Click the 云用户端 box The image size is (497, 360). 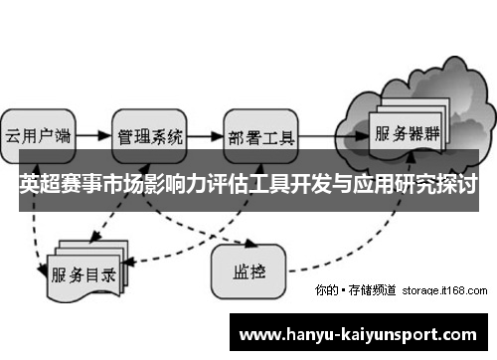(37, 135)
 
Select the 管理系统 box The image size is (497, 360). (149, 135)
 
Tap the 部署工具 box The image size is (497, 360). (260, 135)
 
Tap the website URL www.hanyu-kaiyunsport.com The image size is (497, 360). (363, 333)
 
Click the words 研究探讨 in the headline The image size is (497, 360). (437, 184)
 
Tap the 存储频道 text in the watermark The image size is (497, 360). (374, 290)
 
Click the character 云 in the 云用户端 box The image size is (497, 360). (14, 135)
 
